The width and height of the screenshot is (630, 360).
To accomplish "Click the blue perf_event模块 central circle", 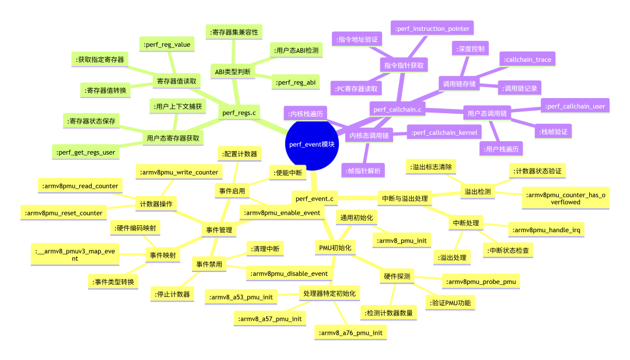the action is click(x=311, y=144).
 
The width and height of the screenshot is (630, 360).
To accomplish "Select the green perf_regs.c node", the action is click(x=239, y=113).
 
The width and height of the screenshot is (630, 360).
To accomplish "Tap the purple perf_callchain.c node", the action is click(x=397, y=109).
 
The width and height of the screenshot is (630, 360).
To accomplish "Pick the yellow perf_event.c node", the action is click(x=314, y=198).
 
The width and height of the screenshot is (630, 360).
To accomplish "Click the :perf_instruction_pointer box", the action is click(x=432, y=29).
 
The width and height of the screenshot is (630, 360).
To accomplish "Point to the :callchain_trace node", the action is click(x=527, y=60).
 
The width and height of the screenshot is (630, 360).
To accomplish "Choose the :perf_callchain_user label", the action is click(x=575, y=106).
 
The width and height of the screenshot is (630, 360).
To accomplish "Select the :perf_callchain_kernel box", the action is click(x=444, y=132).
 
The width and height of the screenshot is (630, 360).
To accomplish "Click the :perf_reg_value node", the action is click(x=167, y=44).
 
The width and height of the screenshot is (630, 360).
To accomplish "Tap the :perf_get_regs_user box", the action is click(x=86, y=152).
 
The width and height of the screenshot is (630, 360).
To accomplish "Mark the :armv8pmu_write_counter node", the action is click(x=179, y=172).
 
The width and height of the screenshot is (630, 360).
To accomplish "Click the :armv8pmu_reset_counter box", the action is click(x=64, y=213).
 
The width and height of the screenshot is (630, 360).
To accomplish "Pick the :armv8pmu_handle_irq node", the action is click(x=546, y=230).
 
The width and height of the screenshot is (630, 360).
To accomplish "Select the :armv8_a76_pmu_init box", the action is click(x=351, y=333).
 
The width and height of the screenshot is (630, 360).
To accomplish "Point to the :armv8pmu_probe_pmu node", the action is click(x=481, y=282).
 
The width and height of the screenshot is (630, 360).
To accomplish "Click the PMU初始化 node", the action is click(x=335, y=248).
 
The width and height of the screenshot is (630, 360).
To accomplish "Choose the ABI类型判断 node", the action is click(x=233, y=72).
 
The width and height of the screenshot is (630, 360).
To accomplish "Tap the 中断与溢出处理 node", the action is click(x=405, y=198).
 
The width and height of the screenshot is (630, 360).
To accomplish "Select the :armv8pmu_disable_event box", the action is click(x=289, y=274).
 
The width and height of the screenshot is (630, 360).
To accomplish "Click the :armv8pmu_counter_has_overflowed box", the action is click(x=565, y=198).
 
